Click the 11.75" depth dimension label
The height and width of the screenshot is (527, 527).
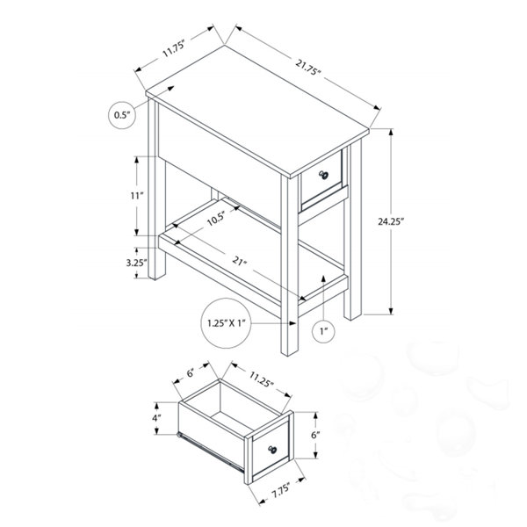[x=174, y=48]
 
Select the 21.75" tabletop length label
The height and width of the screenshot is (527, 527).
[x=308, y=68]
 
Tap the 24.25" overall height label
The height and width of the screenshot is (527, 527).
[x=391, y=221]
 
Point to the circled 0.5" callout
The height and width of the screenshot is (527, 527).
[x=122, y=115]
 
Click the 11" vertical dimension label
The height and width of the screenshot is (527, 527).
[x=137, y=196]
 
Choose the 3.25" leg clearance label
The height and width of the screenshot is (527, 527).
[x=136, y=263]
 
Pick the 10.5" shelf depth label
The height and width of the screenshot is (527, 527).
[x=215, y=219]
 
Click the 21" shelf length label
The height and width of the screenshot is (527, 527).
[x=239, y=261]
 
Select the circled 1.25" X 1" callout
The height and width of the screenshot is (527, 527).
[x=227, y=323]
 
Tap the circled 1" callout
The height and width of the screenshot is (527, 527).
[x=323, y=332]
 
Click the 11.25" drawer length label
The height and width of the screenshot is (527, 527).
[x=261, y=379]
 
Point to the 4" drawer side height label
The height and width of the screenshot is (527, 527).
[x=156, y=418]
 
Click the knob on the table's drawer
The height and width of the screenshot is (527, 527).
[x=323, y=175]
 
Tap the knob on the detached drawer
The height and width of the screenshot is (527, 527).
[x=272, y=450]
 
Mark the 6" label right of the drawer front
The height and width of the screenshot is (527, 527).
[x=315, y=435]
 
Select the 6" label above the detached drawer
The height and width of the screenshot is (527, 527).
[x=191, y=373]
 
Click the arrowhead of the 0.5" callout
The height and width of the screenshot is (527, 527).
[x=171, y=89]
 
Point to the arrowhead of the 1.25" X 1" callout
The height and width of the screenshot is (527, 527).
[x=293, y=323]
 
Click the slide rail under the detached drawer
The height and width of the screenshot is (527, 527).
[x=210, y=451]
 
